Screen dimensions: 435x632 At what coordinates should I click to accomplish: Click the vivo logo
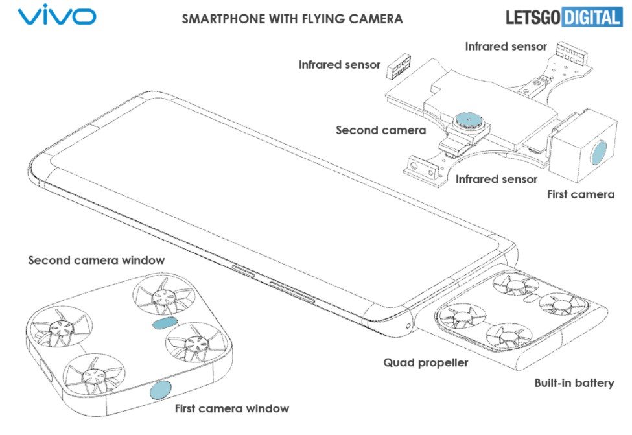pyautogui.click(x=57, y=16)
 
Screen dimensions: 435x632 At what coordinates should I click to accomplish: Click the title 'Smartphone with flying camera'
pyautogui.click(x=292, y=19)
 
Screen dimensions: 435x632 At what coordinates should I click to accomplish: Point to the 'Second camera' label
pyautogui.click(x=380, y=130)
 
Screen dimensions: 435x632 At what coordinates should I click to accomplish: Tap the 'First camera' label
pyautogui.click(x=580, y=194)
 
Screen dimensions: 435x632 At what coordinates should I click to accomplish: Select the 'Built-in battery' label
pyautogui.click(x=574, y=382)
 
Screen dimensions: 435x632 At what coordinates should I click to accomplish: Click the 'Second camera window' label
pyautogui.click(x=96, y=260)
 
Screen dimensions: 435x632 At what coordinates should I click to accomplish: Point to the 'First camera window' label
pyautogui.click(x=231, y=408)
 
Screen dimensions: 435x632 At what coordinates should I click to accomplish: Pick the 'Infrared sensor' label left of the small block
pyautogui.click(x=340, y=64)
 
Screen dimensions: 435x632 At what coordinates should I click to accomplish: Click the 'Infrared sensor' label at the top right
pyautogui.click(x=506, y=47)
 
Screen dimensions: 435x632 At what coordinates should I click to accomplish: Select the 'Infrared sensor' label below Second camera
pyautogui.click(x=496, y=179)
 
